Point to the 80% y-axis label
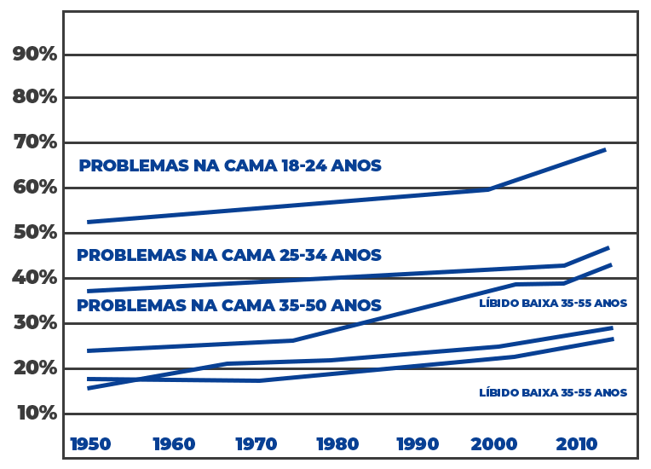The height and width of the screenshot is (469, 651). pyautogui.click(x=35, y=96)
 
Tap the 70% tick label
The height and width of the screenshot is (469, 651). pyautogui.click(x=35, y=142)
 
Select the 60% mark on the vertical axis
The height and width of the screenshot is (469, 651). pyautogui.click(x=35, y=187)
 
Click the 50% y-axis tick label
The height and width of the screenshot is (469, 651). pyautogui.click(x=35, y=232)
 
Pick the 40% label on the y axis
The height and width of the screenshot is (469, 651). pyautogui.click(x=35, y=277)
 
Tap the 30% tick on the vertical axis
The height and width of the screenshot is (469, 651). pyautogui.click(x=35, y=322)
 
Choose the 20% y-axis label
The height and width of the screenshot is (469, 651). pyautogui.click(x=35, y=368)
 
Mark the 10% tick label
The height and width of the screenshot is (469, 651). pyautogui.click(x=35, y=413)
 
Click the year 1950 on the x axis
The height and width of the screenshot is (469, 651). pyautogui.click(x=89, y=444)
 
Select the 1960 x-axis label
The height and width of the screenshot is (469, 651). pyautogui.click(x=174, y=444)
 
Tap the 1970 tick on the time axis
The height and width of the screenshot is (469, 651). pyautogui.click(x=256, y=444)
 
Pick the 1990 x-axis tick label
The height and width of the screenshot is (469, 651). pyautogui.click(x=418, y=444)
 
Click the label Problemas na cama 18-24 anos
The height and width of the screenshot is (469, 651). pyautogui.click(x=230, y=165)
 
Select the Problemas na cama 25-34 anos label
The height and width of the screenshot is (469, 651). pyautogui.click(x=229, y=255)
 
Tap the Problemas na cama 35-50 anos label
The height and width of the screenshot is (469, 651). pyautogui.click(x=229, y=304)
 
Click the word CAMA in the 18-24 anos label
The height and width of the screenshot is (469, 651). pyautogui.click(x=247, y=165)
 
